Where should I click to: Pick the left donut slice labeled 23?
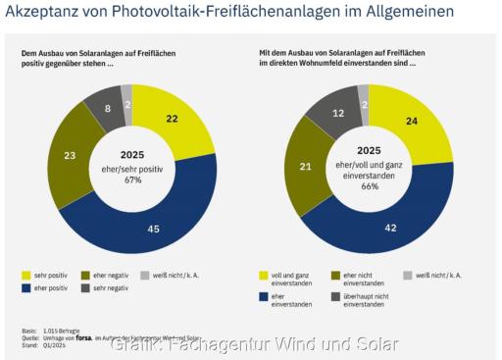tap(70, 154)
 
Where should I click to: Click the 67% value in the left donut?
tap(131, 180)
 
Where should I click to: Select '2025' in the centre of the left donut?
tap(131, 154)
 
